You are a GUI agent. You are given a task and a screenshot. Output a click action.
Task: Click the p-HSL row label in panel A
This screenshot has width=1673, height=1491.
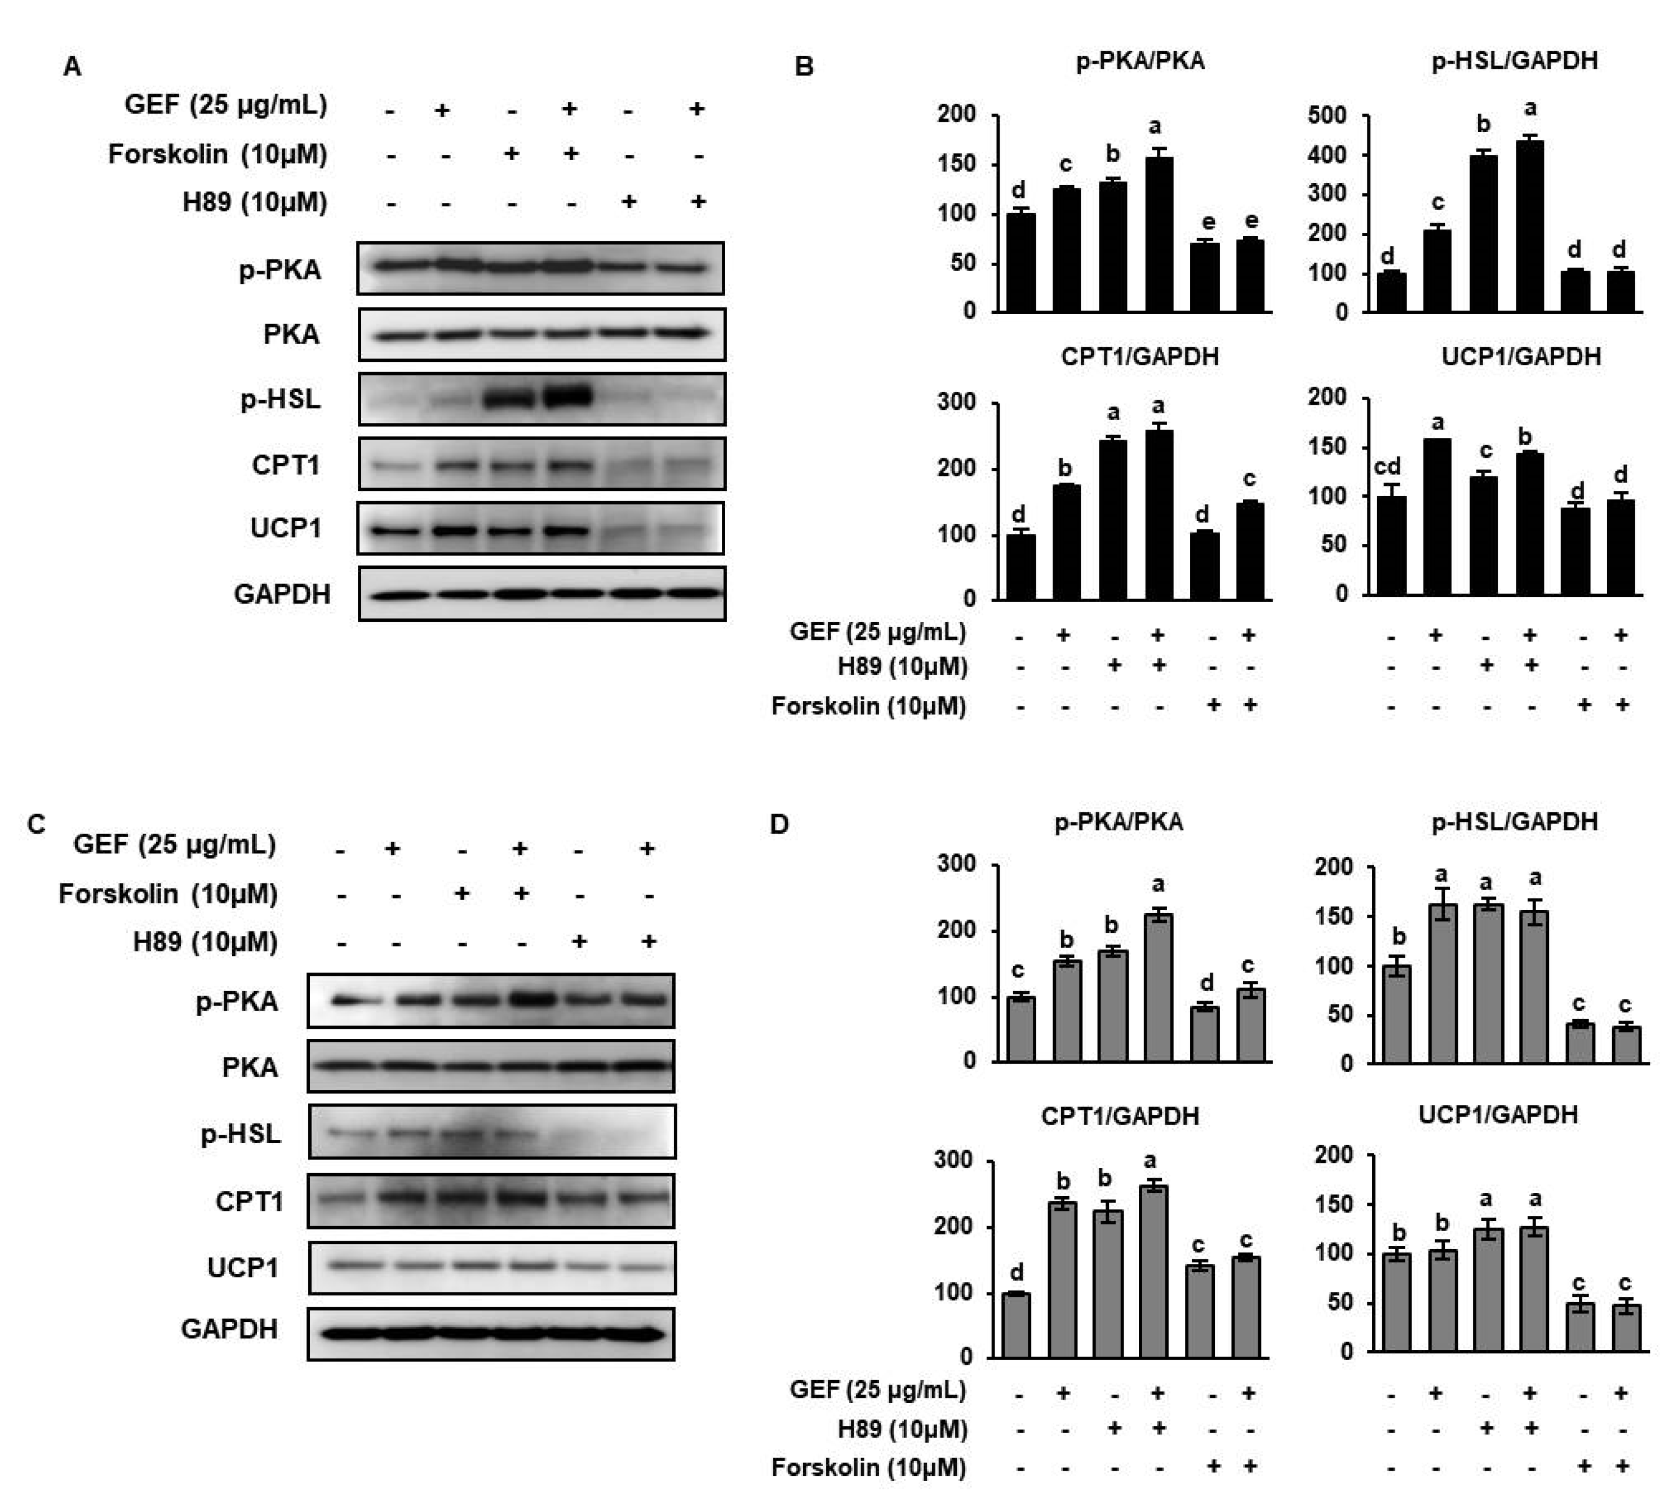point(280,400)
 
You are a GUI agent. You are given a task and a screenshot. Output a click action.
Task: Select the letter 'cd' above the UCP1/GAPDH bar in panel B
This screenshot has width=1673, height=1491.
point(1386,466)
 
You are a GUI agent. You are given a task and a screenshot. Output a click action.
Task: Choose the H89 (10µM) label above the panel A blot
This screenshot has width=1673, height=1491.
point(255,202)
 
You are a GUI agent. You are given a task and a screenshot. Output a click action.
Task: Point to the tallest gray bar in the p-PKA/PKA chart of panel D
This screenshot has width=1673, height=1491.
point(1158,987)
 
